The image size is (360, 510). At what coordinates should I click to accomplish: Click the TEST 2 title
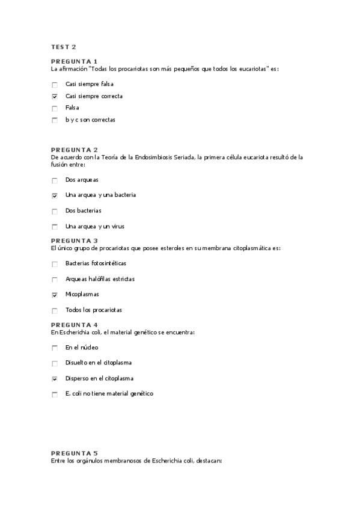coord(63,47)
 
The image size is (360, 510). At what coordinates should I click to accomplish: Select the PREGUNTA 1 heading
coord(74,61)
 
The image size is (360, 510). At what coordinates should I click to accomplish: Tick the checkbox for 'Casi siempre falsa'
coord(55,85)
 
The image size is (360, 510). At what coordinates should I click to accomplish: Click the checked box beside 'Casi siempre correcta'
coord(55,96)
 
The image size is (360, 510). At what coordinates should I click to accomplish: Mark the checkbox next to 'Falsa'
coord(55,108)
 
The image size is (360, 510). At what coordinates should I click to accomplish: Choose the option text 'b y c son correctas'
coord(90,120)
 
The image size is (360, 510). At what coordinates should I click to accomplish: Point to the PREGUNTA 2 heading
coord(74,150)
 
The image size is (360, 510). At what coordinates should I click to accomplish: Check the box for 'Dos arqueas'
coord(55,180)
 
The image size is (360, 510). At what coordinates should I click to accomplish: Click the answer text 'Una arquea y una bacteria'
coord(100,195)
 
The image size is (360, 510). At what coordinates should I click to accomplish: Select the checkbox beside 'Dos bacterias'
coord(55,211)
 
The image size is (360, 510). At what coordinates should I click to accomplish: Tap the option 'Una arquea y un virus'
coord(94,227)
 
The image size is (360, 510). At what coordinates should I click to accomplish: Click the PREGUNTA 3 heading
coord(74,241)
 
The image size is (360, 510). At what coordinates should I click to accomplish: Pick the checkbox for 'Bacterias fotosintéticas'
coord(55,264)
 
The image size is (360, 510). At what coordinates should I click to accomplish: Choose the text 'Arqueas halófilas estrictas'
coord(100,279)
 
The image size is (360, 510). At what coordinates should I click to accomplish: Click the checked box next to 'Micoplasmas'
coord(55,295)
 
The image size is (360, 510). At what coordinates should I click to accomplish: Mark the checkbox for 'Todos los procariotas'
coord(55,311)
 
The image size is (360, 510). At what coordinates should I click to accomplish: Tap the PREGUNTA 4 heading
coord(74,325)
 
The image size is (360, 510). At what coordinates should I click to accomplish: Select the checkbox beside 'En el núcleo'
coord(55,348)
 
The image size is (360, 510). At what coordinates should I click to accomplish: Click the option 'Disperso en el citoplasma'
coord(99,378)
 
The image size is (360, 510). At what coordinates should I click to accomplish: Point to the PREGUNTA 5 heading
coord(74,453)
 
